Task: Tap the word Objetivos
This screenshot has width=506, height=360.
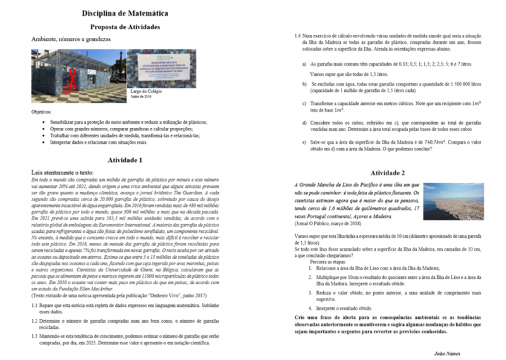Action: point(45,111)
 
